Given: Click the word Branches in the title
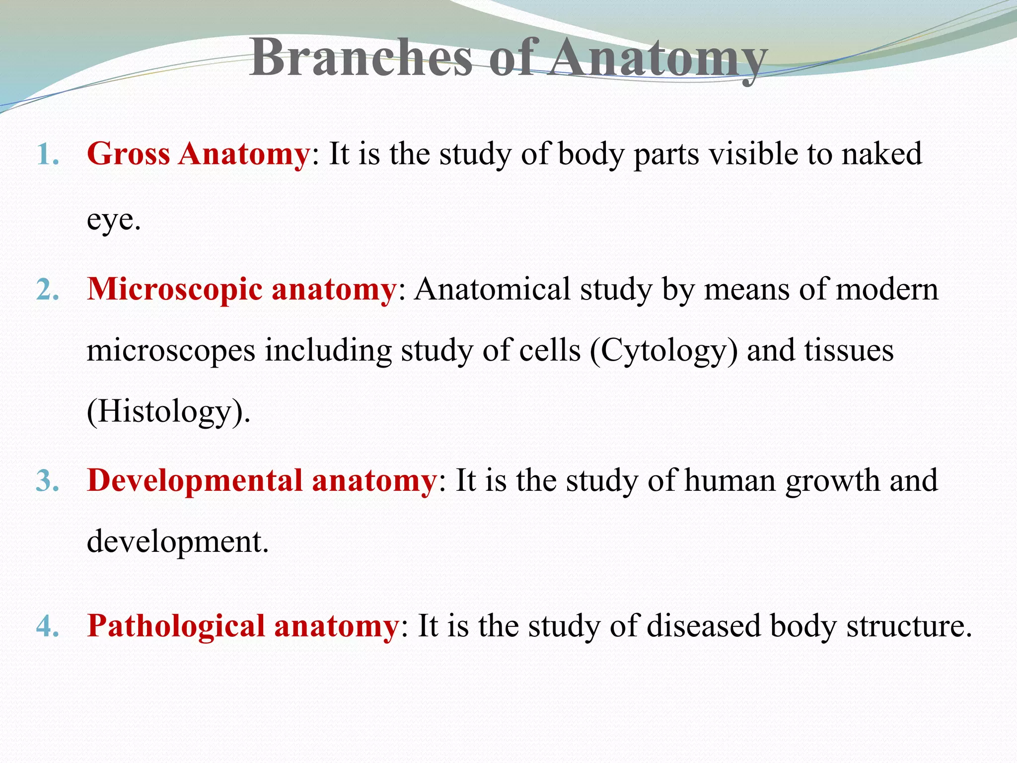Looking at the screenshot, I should click(361, 58).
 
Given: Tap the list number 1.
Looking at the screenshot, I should click(48, 155).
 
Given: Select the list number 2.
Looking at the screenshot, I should click(48, 290).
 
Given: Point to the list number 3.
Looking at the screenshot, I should click(48, 481).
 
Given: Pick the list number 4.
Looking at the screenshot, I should click(48, 626).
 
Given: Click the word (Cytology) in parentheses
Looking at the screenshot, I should click(664, 351).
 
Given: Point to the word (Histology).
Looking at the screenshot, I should click(168, 412).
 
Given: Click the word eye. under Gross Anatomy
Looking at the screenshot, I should click(114, 220).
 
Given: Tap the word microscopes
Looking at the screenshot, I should click(171, 351).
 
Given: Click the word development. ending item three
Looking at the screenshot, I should click(178, 542).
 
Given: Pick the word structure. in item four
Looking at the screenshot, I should click(909, 626).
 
